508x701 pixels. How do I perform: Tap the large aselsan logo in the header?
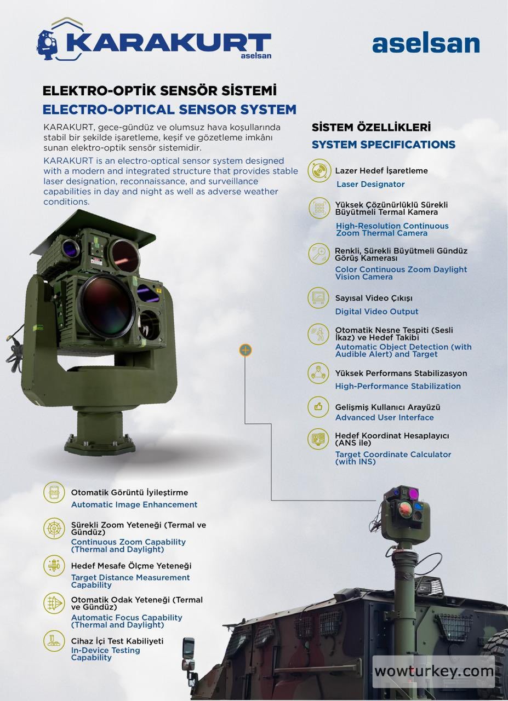pyautogui.click(x=425, y=44)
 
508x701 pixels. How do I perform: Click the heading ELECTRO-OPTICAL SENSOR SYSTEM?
pyautogui.click(x=169, y=109)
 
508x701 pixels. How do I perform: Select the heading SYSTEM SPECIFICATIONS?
pyautogui.click(x=383, y=145)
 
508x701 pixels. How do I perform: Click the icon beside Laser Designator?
pyautogui.click(x=319, y=171)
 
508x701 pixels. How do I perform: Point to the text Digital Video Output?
pyautogui.click(x=376, y=312)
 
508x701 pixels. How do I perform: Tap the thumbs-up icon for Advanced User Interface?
pyautogui.click(x=318, y=407)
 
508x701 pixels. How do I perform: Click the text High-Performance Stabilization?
pyautogui.click(x=397, y=386)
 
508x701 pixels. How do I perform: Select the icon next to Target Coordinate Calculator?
pyautogui.click(x=318, y=439)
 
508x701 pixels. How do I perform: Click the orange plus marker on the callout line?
pyautogui.click(x=246, y=350)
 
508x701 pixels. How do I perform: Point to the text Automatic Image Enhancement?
pyautogui.click(x=134, y=504)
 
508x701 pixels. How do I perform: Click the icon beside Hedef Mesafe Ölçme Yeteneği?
pyautogui.click(x=54, y=566)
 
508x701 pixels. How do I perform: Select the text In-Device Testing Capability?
pyautogui.click(x=105, y=654)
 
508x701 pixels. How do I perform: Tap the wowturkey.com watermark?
pyautogui.click(x=433, y=671)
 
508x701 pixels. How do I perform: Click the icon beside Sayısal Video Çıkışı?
pyautogui.click(x=318, y=298)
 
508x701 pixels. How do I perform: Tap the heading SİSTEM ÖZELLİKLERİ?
pyautogui.click(x=371, y=127)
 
